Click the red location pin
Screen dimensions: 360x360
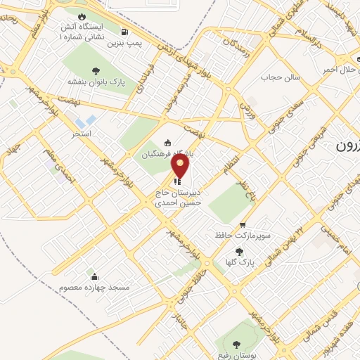coord(181,165)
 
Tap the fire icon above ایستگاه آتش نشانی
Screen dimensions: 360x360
coord(83,17)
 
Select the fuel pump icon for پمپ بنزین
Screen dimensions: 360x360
coord(124,32)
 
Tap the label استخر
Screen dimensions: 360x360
coord(82,133)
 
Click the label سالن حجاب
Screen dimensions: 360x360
coord(281,76)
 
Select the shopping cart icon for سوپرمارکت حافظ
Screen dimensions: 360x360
coord(243,224)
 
